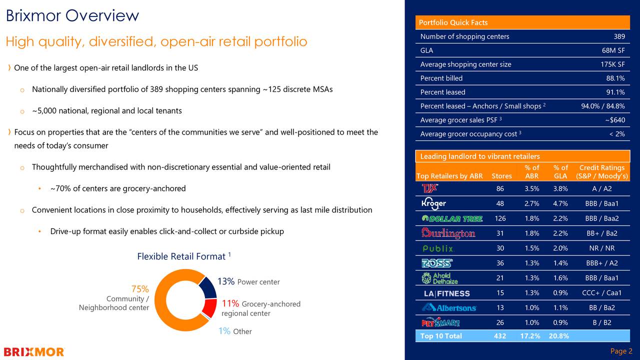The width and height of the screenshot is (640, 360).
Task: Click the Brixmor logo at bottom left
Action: [34, 352]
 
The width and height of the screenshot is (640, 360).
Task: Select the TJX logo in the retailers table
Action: [430, 188]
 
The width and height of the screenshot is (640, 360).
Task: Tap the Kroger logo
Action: [433, 203]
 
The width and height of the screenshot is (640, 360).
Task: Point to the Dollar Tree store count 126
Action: [500, 218]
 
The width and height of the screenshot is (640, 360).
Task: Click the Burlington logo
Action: [448, 233]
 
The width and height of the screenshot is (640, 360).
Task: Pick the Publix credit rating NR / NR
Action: [601, 248]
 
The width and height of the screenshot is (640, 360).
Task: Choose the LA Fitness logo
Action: [446, 293]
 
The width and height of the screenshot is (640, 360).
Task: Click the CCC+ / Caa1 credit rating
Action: [601, 293]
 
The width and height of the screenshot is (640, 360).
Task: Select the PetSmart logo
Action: [440, 323]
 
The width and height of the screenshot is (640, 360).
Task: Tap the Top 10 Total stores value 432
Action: [500, 336]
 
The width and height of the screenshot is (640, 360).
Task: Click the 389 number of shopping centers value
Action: [619, 36]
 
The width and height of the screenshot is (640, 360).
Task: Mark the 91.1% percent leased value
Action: [615, 92]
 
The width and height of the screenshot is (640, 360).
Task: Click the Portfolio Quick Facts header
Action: [453, 22]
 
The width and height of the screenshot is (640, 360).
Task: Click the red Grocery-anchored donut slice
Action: [210, 307]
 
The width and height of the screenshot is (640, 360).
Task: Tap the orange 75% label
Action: [140, 289]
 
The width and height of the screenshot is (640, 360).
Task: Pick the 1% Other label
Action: [235, 331]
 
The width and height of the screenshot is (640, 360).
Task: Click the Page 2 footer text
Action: [621, 351]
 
